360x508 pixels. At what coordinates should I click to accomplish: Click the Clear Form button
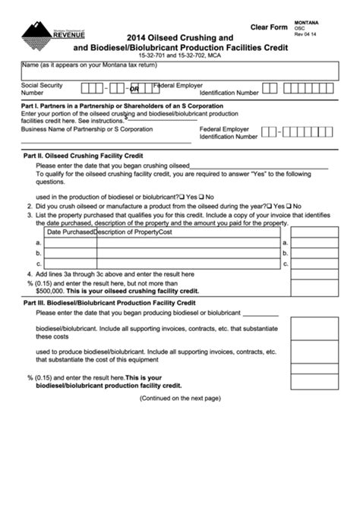(269, 27)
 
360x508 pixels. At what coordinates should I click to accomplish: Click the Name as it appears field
(180, 71)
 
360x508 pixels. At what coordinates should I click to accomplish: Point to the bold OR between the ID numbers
(134, 89)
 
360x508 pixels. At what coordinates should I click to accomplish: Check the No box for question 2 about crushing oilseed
(290, 206)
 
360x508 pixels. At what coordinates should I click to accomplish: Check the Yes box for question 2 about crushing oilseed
(270, 206)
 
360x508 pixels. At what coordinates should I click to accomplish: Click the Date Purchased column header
(69, 232)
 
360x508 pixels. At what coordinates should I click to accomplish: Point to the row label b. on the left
(39, 254)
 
